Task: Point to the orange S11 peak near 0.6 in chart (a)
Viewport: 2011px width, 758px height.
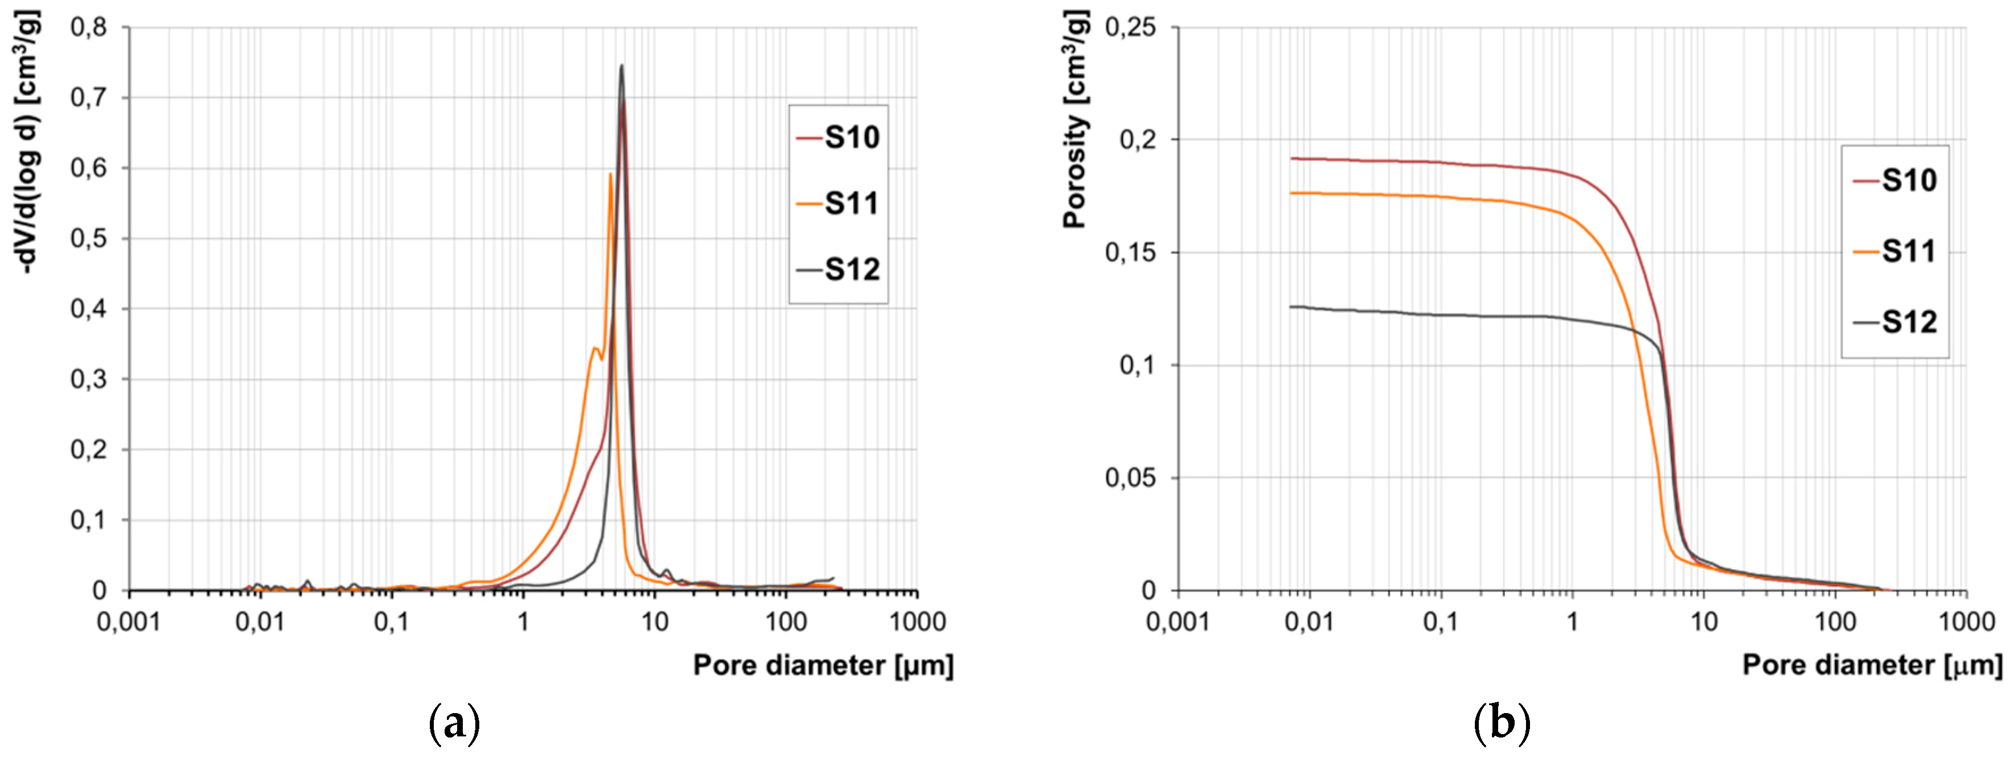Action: [x=611, y=174]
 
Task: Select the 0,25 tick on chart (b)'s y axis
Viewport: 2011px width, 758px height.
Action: [x=1130, y=27]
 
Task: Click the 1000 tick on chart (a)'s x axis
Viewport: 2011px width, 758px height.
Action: [x=917, y=622]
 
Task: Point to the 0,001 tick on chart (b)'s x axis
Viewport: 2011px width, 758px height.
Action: [x=1178, y=622]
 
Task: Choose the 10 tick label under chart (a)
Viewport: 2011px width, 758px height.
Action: [x=654, y=622]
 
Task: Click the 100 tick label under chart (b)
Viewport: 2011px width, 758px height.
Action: [x=1835, y=622]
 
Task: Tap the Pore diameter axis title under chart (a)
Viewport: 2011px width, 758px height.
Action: [x=823, y=666]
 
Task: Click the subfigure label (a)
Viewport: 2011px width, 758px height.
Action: [x=454, y=724]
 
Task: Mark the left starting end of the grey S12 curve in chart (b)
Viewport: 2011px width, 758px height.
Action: [x=1291, y=307]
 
